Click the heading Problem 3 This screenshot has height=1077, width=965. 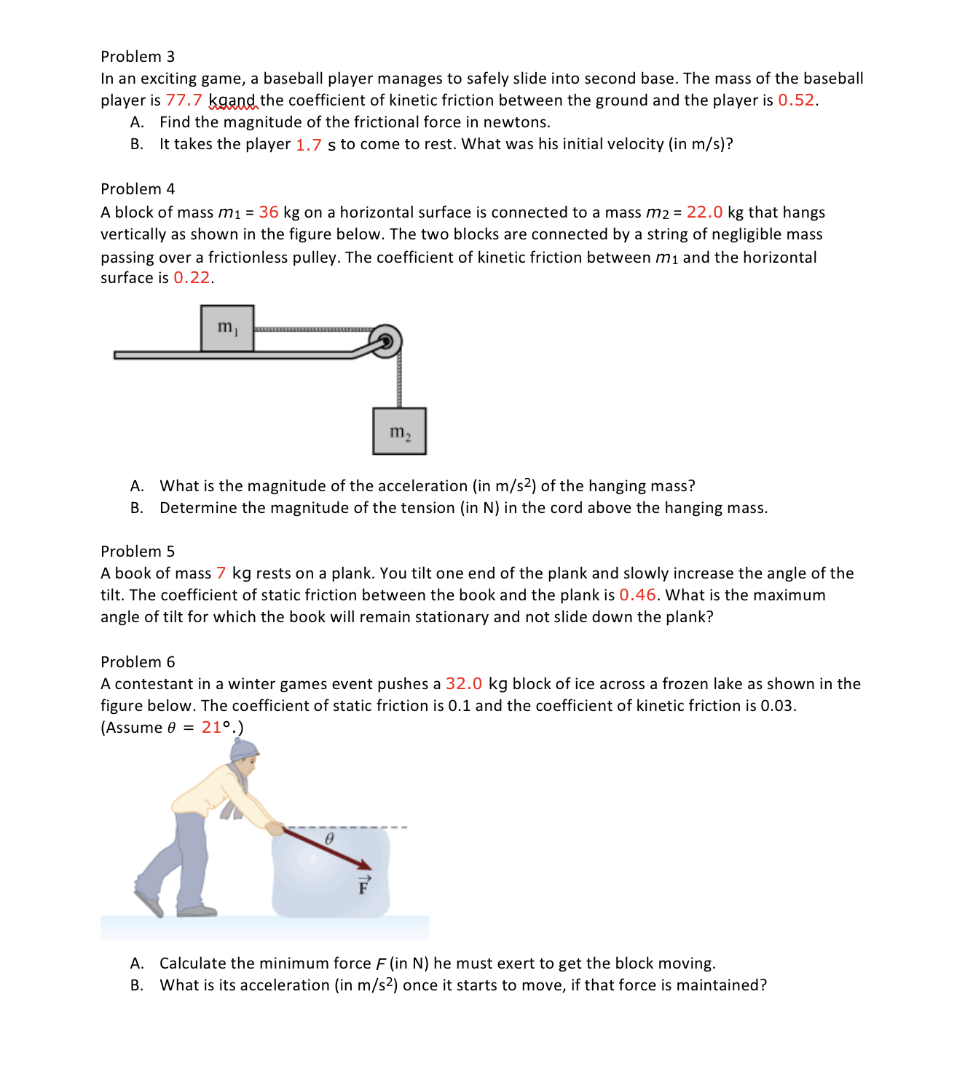(x=138, y=57)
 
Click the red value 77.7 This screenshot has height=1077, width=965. (x=184, y=100)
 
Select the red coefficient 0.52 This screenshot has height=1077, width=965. (x=796, y=100)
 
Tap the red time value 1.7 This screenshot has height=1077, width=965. (x=308, y=145)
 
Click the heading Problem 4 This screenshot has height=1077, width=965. (x=138, y=189)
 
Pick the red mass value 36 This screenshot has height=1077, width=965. (x=268, y=212)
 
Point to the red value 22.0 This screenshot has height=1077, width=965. (x=704, y=212)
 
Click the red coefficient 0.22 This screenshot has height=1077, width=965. (x=192, y=278)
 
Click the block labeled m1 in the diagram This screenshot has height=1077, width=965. (x=227, y=328)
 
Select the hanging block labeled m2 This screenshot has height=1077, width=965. (x=399, y=432)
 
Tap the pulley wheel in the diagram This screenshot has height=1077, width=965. (x=385, y=341)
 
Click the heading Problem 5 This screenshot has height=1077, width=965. (x=138, y=552)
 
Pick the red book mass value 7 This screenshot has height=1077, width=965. (x=221, y=573)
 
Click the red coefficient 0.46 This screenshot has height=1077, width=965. (x=637, y=595)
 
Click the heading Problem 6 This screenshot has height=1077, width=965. (x=138, y=662)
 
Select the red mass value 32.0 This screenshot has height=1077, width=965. (x=464, y=684)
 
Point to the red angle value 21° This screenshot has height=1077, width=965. (x=216, y=728)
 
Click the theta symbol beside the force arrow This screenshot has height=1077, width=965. (x=328, y=839)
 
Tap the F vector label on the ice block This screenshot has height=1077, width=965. (x=363, y=886)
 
